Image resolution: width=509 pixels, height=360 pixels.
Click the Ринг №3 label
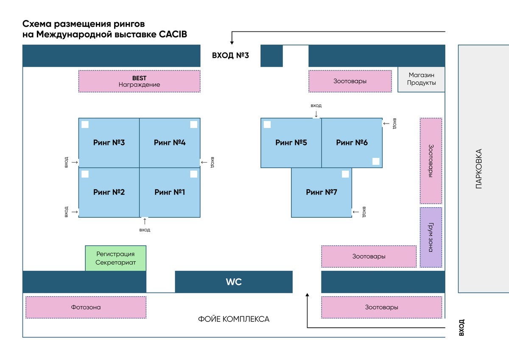[109, 143]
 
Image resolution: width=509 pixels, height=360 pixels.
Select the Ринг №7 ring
[322, 192]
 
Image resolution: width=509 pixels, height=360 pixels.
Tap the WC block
[234, 282]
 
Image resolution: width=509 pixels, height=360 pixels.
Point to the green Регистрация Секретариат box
[116, 258]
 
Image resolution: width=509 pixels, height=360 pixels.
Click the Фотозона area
[86, 307]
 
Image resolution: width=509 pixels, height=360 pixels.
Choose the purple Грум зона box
[431, 237]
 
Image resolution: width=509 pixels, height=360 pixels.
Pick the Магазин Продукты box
[421, 79]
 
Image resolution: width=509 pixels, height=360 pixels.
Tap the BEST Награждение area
[139, 81]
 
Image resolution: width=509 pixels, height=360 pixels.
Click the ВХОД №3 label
[230, 56]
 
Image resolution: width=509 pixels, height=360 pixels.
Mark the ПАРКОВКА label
[479, 169]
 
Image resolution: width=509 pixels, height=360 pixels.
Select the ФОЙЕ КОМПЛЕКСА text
[233, 319]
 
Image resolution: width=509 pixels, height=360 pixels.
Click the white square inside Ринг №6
[376, 161]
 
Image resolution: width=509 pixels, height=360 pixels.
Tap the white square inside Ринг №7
[345, 174]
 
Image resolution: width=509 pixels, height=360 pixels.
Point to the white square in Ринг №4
[194, 124]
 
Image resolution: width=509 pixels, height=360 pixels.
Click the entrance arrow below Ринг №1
[145, 221]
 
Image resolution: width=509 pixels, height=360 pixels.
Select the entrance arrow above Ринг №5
[316, 114]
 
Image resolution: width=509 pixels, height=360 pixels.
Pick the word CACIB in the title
[173, 35]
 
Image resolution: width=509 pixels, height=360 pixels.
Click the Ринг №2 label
[109, 192]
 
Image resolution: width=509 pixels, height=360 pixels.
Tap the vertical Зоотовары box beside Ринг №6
[431, 161]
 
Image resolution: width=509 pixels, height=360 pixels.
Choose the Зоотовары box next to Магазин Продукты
[350, 81]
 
